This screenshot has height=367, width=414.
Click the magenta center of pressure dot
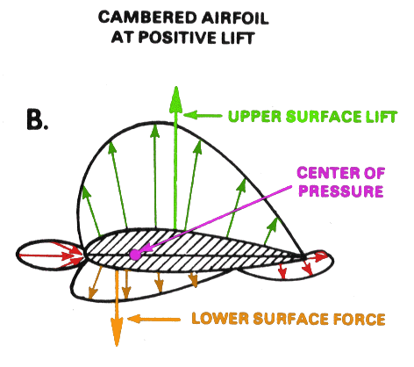[x=135, y=255]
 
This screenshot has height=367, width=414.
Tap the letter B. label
[x=37, y=119]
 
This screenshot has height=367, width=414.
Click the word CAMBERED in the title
[x=147, y=18]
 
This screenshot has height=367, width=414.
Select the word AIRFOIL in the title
[x=235, y=18]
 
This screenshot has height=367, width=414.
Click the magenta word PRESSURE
[x=341, y=191]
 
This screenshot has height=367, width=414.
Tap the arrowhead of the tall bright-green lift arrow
[x=175, y=100]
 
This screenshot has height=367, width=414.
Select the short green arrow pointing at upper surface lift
[x=203, y=115]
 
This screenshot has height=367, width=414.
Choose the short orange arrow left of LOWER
[x=154, y=319]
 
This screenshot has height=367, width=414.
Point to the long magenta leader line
[x=218, y=218]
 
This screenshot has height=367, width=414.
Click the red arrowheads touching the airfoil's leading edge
[x=76, y=255]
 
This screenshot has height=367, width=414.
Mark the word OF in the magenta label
[x=374, y=173]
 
